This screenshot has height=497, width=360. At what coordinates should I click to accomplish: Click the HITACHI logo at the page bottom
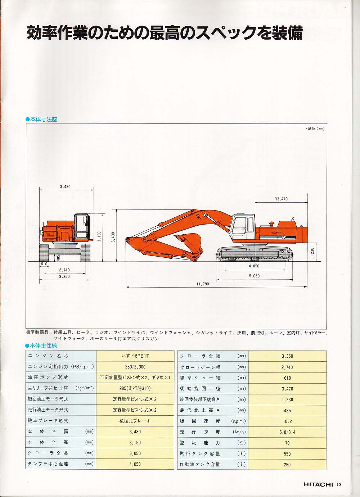click(318, 484)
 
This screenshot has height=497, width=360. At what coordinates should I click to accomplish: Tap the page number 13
click(339, 484)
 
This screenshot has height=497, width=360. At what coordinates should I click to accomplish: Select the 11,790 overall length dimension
click(203, 284)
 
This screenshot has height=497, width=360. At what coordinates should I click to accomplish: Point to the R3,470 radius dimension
click(281, 199)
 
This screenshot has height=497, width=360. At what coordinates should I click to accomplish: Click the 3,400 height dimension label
click(113, 237)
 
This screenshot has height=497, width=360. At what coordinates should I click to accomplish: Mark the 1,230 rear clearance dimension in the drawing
click(312, 253)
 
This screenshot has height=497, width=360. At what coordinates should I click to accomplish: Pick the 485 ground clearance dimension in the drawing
click(58, 258)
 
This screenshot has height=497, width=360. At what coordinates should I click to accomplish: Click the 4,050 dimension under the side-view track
click(254, 266)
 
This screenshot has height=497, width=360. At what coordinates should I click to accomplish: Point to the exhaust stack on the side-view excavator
click(293, 219)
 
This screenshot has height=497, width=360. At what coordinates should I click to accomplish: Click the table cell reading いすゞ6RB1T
click(135, 356)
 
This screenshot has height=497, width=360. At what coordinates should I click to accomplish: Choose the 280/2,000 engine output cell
click(135, 367)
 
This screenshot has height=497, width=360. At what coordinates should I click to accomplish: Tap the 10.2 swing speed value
click(287, 421)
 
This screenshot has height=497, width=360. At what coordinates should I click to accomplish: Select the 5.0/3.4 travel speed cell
click(287, 432)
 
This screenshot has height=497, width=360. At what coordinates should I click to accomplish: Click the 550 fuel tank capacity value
click(287, 454)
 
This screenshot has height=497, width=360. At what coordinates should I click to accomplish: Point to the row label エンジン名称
click(48, 356)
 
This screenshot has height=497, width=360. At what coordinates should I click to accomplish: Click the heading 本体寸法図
click(44, 119)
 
